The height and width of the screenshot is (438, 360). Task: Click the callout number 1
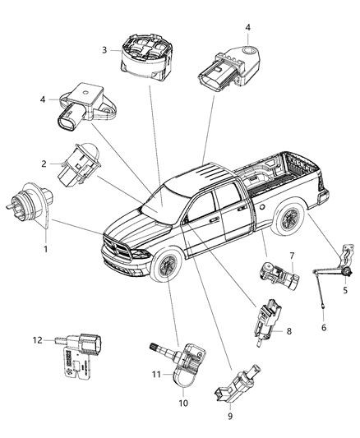[x=45, y=249]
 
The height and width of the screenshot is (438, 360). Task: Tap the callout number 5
[x=345, y=291]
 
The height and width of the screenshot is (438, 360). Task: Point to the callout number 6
[x=322, y=328]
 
